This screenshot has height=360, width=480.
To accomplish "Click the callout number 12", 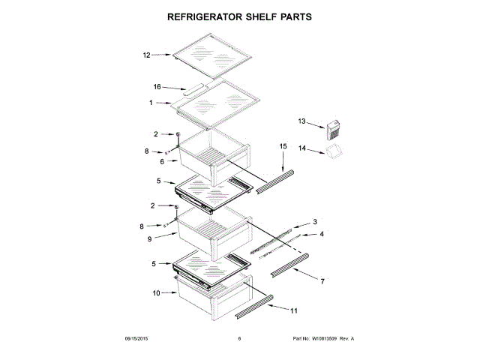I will pyautogui.click(x=147, y=55).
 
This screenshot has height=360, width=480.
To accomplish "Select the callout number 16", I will pyautogui.click(x=158, y=87).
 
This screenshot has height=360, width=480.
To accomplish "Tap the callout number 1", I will pyautogui.click(x=151, y=102).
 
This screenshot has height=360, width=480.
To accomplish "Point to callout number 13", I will pyautogui.click(x=302, y=121).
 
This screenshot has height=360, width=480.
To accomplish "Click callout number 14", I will pyautogui.click(x=302, y=148).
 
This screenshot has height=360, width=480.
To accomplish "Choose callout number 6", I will pyautogui.click(x=162, y=160).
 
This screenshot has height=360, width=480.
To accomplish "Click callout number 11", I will pyautogui.click(x=294, y=310).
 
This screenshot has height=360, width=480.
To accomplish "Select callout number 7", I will pyautogui.click(x=322, y=281).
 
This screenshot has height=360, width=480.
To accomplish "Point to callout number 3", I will pyautogui.click(x=315, y=221).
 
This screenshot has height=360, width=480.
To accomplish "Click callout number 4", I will pyautogui.click(x=322, y=235).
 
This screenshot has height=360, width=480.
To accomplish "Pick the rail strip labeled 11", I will pyautogui.click(x=255, y=303).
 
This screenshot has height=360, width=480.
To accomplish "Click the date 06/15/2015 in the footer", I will pyautogui.click(x=139, y=339).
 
